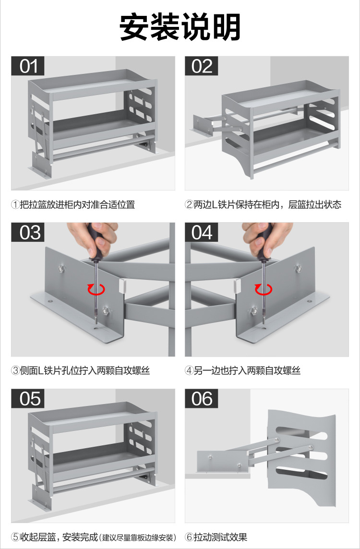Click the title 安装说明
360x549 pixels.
[x=180, y=27]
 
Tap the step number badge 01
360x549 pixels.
[x=28, y=66]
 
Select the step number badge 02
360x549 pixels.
[x=202, y=66]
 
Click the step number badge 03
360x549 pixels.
[x=28, y=232]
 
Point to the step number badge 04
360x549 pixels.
[x=202, y=232]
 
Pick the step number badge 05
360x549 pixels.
[x=28, y=398]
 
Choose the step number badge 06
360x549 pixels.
[x=202, y=398]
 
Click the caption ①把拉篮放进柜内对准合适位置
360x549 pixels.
[x=73, y=204]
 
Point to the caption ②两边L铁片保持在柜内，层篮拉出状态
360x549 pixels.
[x=263, y=204]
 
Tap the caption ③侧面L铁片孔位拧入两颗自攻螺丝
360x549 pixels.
[x=81, y=370]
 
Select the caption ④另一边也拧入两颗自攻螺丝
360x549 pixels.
[x=243, y=370]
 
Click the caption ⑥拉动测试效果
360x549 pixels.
[x=216, y=537]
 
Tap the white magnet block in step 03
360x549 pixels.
[x=122, y=286]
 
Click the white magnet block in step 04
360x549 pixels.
[x=237, y=286]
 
